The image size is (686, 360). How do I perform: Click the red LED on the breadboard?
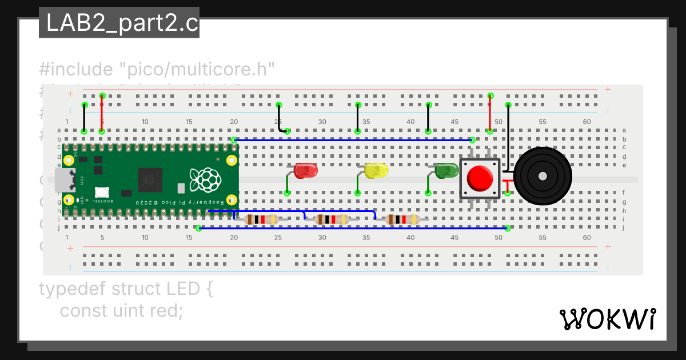point(305,170)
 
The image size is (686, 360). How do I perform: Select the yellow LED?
point(376,170)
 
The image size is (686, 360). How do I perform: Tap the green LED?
point(446,170)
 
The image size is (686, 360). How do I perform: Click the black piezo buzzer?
point(543,176)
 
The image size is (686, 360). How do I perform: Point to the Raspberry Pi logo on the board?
point(205,179)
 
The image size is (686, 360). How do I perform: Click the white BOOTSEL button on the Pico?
point(102,193)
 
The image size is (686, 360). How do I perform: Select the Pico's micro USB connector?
point(63,179)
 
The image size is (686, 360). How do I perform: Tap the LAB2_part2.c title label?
point(119,23)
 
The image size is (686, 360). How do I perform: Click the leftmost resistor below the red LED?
point(261,219)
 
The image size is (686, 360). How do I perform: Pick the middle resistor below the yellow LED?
point(332,219)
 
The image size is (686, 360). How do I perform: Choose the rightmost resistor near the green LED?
point(402,219)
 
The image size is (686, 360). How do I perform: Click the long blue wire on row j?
point(354,229)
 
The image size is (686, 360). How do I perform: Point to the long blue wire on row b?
point(353,139)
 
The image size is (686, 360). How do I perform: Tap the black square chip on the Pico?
point(150,180)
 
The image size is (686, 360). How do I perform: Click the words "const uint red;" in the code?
point(121,311)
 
